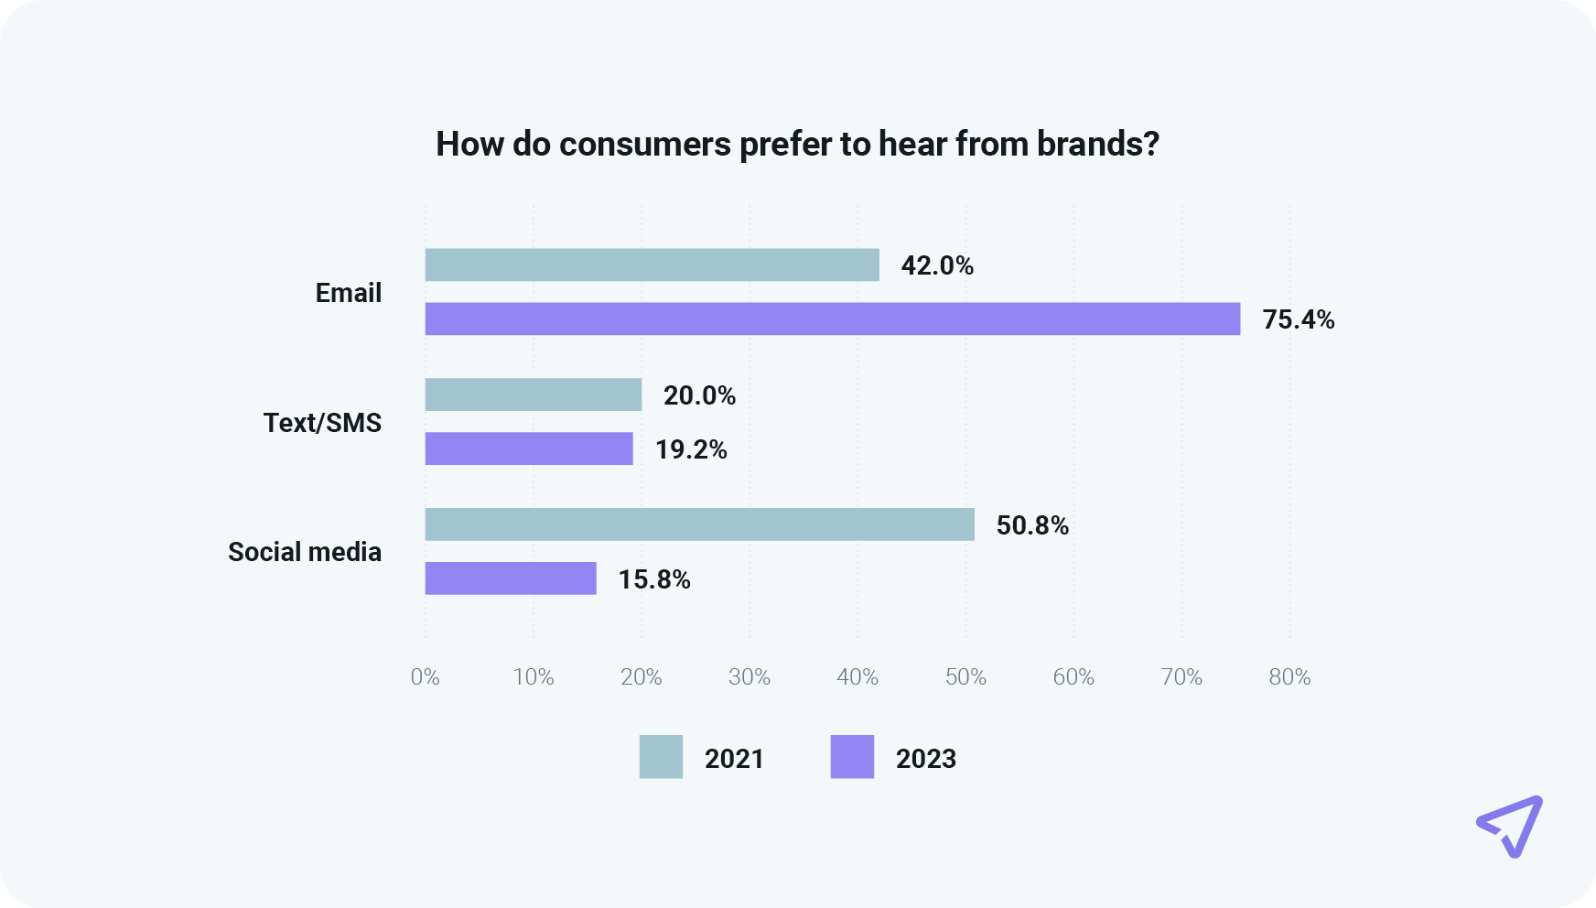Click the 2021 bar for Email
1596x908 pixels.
652,265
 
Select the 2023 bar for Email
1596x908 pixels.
833,319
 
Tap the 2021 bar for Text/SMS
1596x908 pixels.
534,395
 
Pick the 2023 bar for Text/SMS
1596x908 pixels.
529,449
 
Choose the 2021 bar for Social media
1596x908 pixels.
700,524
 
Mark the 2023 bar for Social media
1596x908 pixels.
511,578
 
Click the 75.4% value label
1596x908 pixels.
1298,319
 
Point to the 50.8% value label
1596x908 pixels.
1032,525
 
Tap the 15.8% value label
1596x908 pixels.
654,579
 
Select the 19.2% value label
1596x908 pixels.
691,449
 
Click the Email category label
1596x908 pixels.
349,293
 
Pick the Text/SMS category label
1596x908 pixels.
322,423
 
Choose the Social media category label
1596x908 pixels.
305,552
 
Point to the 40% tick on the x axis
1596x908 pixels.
857,677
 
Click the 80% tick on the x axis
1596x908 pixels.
1289,677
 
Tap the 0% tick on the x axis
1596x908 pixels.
425,677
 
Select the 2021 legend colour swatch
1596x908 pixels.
661,757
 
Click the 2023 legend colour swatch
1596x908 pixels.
852,757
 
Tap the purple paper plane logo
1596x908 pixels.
1511,826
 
